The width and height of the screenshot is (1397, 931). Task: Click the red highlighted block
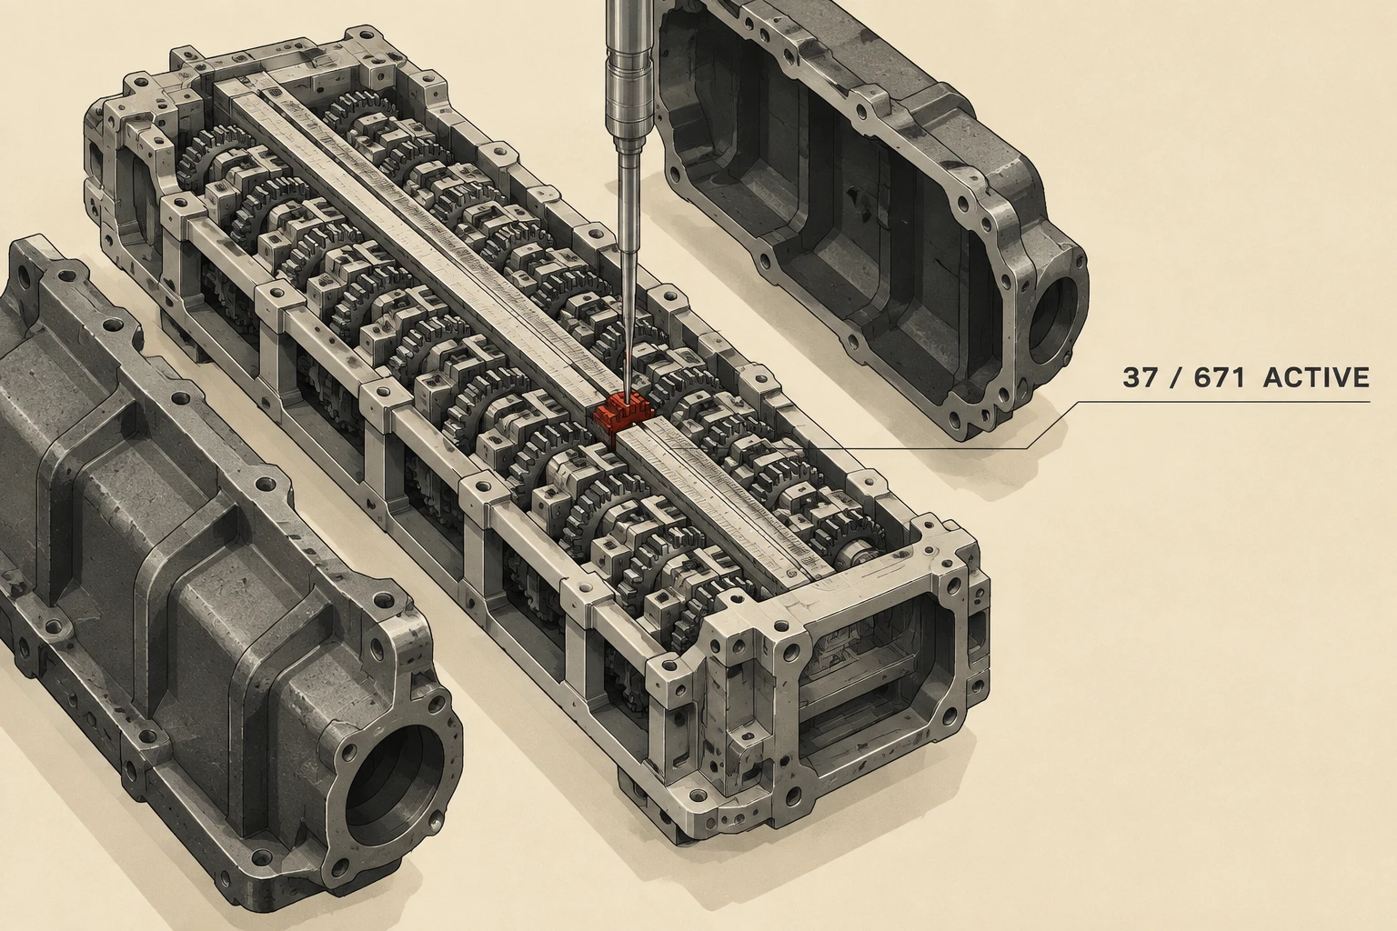tap(623, 412)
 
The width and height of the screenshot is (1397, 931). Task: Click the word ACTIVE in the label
tap(1316, 378)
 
